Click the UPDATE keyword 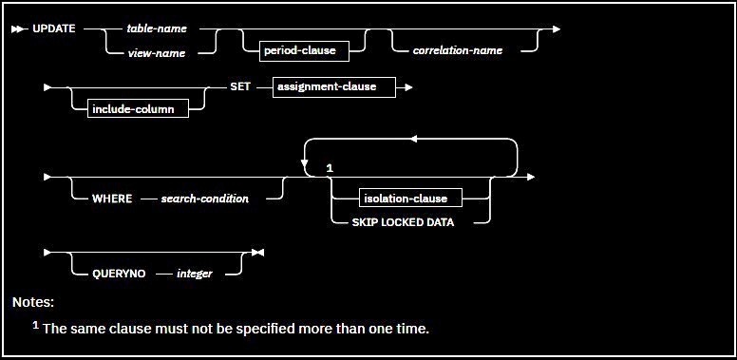pyautogui.click(x=53, y=28)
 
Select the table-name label pyautogui.click(x=157, y=28)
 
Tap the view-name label pyautogui.click(x=157, y=53)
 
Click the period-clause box pyautogui.click(x=304, y=50)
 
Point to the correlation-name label pyautogui.click(x=458, y=50)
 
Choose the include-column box pyautogui.click(x=139, y=108)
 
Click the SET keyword pyautogui.click(x=239, y=87)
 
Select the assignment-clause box pyautogui.click(x=333, y=87)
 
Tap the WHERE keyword pyautogui.click(x=112, y=199)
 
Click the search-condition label pyautogui.click(x=204, y=199)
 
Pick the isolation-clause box pyautogui.click(x=410, y=199)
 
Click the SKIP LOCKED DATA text pyautogui.click(x=403, y=223)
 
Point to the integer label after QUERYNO pyautogui.click(x=194, y=274)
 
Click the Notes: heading pyautogui.click(x=33, y=302)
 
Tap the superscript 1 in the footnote pyautogui.click(x=35, y=324)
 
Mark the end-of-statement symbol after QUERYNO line pyautogui.click(x=257, y=253)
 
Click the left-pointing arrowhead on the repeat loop pyautogui.click(x=414, y=139)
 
